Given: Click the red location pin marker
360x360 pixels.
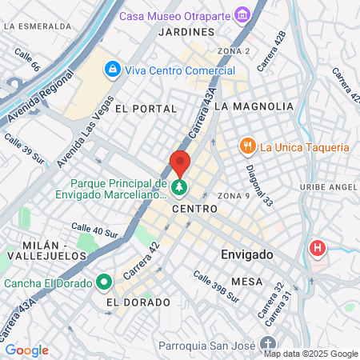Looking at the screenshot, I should pos(180,163).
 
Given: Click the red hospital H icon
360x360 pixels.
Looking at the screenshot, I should pos(318,248).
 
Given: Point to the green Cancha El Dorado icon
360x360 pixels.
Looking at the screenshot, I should pos(103,282).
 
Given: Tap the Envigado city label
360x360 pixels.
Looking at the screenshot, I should pos(247,254).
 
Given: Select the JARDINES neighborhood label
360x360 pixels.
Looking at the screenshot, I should pos(187,32).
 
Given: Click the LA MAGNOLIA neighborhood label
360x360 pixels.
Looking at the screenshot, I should pos(254,106).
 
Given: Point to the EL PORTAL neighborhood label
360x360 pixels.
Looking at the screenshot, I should pos(145,108).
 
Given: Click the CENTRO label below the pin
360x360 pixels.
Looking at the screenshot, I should pos(194,208).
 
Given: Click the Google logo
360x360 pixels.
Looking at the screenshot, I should pos(26,350).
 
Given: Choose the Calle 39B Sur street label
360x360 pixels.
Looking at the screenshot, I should pos(215,286).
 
